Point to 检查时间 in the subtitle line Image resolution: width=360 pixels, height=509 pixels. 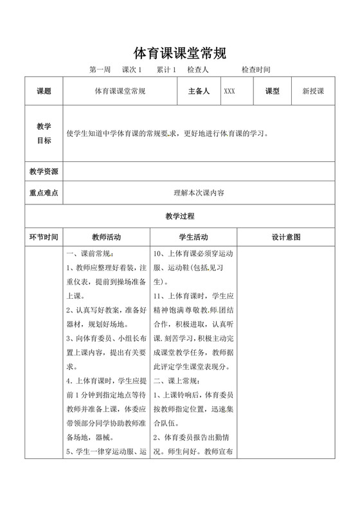tap(256, 69)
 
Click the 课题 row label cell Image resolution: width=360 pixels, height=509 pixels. tap(44, 91)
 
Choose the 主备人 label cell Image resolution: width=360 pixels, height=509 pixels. tap(199, 91)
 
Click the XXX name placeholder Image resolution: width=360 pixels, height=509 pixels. tap(230, 91)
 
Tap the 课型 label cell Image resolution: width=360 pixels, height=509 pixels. tap(273, 91)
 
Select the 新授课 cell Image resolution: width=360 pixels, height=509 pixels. tap(313, 91)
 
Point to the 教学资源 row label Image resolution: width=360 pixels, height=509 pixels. tap(44, 172)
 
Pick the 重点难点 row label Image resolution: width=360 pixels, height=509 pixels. tap(44, 192)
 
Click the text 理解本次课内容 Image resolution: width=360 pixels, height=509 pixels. tap(199, 192)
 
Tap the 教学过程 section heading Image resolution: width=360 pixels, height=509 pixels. tap(179, 217)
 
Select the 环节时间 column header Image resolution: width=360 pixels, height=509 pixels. tap(44, 237)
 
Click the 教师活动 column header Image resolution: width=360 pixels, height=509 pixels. tap(107, 237)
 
